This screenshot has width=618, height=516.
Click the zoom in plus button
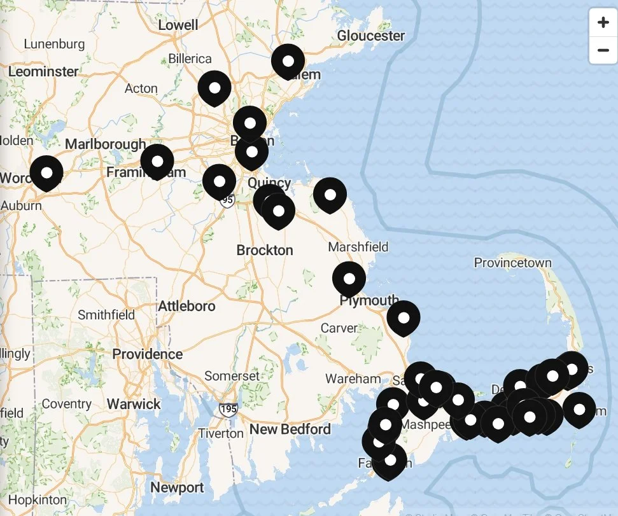(603, 24)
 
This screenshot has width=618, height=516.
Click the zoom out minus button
(603, 50)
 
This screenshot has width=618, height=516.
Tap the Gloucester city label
(371, 36)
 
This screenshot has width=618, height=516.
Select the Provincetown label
(512, 263)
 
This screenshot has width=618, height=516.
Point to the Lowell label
(178, 25)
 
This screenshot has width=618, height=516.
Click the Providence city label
(148, 354)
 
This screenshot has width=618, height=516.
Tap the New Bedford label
(290, 429)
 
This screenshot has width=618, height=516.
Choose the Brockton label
(265, 250)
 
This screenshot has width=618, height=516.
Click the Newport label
(177, 488)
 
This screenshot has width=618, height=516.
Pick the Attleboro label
(186, 306)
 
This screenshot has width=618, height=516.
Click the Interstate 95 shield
(228, 200)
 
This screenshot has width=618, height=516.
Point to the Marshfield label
(358, 247)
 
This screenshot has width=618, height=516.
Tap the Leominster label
(43, 71)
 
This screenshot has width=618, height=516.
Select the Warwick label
(134, 404)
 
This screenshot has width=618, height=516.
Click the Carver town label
(339, 328)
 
